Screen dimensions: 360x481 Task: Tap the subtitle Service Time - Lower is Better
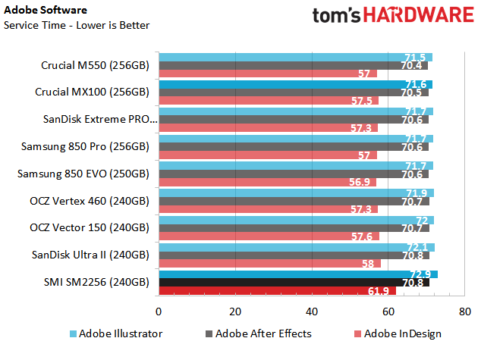pos(77,25)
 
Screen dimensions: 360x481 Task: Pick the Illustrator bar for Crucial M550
pos(295,57)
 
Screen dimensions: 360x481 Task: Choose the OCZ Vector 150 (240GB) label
pos(90,227)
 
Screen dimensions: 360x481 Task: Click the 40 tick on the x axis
pos(312,311)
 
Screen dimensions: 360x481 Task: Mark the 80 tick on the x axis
pos(464,311)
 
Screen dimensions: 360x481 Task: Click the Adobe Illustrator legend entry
pos(115,333)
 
